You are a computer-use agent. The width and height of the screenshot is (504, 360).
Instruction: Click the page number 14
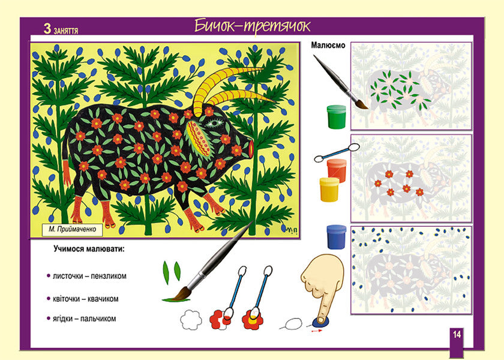(x=457, y=334)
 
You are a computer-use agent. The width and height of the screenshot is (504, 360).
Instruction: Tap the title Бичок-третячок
(x=253, y=26)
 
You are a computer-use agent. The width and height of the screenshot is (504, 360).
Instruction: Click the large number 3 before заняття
(x=47, y=29)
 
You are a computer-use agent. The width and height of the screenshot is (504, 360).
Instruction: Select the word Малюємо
(x=328, y=46)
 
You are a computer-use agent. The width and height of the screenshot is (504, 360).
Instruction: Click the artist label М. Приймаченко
(x=73, y=229)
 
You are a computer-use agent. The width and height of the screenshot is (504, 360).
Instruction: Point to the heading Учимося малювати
(x=89, y=249)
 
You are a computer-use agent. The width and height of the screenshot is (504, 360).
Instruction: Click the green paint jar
(x=336, y=116)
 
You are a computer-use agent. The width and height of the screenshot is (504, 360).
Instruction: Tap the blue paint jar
(x=336, y=237)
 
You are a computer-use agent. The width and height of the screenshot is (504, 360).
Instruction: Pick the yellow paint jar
(x=329, y=190)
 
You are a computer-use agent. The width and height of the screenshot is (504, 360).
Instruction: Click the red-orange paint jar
(x=337, y=170)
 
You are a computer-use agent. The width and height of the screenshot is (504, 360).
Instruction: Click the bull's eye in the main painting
(x=212, y=123)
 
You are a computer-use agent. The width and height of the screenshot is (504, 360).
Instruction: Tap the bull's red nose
(x=251, y=149)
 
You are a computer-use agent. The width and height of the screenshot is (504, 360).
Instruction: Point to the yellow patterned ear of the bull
(x=199, y=137)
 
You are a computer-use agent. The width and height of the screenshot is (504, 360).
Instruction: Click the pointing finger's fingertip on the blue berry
(x=320, y=319)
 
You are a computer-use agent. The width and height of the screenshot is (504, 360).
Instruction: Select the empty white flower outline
(x=191, y=320)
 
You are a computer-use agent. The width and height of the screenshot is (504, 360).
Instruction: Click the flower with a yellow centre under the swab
(x=253, y=319)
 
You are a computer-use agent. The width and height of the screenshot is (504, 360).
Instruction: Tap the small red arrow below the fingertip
(x=317, y=330)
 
